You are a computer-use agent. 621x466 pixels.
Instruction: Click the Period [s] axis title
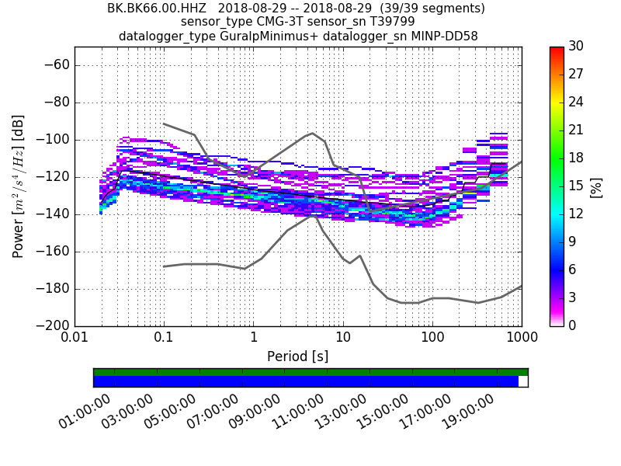pyautogui.click(x=297, y=356)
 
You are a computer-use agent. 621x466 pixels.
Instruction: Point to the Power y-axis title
pyautogui.click(x=18, y=186)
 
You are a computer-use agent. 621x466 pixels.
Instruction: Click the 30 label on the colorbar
pyautogui.click(x=577, y=47)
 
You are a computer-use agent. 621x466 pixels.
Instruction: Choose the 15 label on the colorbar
pyautogui.click(x=577, y=186)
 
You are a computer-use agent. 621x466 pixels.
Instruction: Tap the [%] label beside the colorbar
pyautogui.click(x=596, y=186)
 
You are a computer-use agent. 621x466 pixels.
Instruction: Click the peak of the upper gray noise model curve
pyautogui.click(x=312, y=133)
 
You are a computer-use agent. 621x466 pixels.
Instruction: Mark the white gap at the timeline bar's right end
pyautogui.click(x=523, y=381)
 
